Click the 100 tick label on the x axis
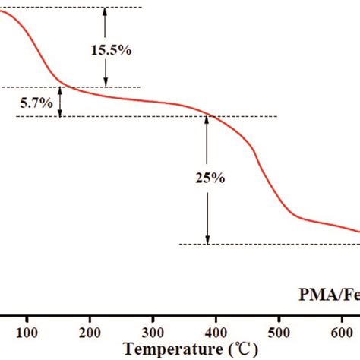pyautogui.click(x=27, y=331)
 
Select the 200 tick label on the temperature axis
pyautogui.click(x=90, y=331)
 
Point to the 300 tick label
pyautogui.click(x=153, y=331)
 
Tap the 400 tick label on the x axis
pyautogui.click(x=216, y=331)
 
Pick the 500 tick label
pyautogui.click(x=279, y=331)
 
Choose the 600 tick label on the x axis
pyautogui.click(x=342, y=331)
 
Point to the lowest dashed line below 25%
pyautogui.click(x=266, y=245)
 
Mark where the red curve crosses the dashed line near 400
pyautogui.click(x=210, y=116)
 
